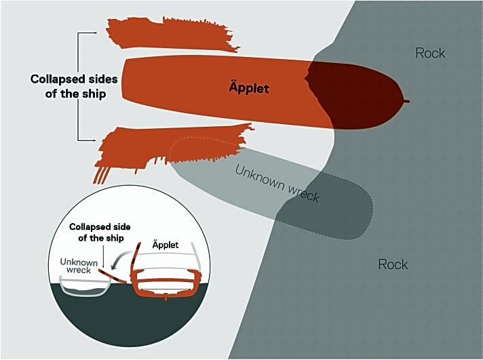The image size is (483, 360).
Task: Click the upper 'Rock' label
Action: point(431,53)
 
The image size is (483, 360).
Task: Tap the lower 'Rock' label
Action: point(393,264)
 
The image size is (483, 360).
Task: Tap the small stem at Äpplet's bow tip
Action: point(406,102)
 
